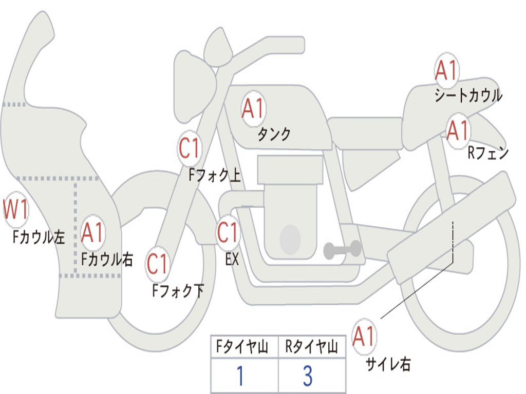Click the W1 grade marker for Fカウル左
point(15,210)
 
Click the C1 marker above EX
point(228,232)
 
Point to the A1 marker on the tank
point(253,108)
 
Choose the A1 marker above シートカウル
point(446,70)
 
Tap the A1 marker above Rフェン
point(457,131)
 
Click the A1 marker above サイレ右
point(364,337)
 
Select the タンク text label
point(274,134)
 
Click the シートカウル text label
point(468,96)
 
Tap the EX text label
point(232,260)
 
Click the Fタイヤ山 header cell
point(244,347)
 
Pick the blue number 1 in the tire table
point(240,376)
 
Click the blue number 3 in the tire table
point(308,376)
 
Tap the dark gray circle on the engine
point(290,239)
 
